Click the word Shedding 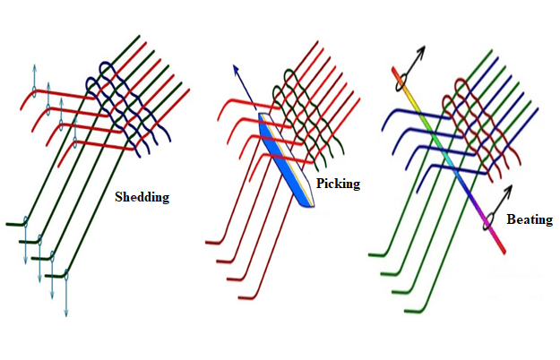(x=142, y=197)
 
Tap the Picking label (x=338, y=184)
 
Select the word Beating (x=529, y=219)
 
